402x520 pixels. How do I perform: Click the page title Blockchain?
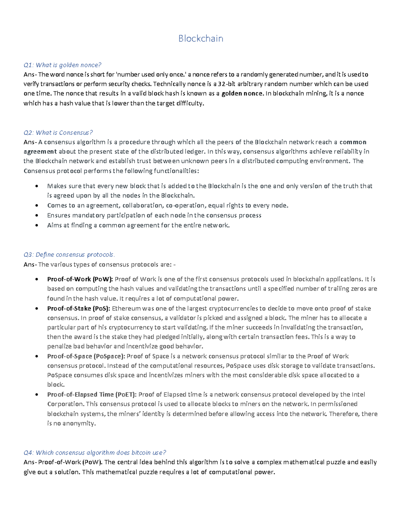(201, 39)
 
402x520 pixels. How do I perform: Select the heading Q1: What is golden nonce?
(62, 65)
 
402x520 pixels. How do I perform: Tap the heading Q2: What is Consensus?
(58, 133)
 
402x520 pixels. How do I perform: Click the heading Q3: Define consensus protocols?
(69, 255)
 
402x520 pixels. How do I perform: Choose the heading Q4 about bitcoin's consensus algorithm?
(95, 453)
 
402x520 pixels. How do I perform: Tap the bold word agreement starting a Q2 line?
(40, 151)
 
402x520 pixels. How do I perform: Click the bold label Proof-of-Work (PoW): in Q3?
(80, 279)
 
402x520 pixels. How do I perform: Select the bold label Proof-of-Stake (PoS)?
(78, 308)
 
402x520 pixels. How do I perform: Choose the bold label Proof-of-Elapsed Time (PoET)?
(92, 394)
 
